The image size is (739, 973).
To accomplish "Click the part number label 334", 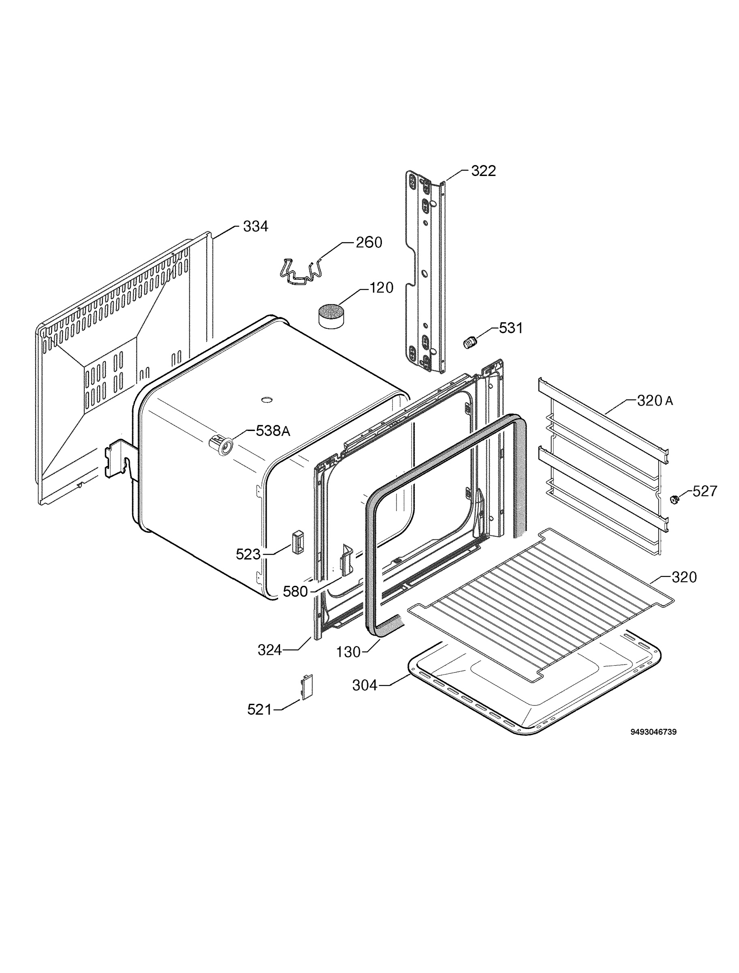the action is click(255, 227).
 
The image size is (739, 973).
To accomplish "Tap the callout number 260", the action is click(368, 242).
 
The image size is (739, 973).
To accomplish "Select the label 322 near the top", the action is click(484, 171).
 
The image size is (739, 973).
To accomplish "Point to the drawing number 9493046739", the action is click(653, 732).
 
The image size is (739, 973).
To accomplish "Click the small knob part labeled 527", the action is click(673, 500).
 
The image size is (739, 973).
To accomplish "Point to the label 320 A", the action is click(655, 401).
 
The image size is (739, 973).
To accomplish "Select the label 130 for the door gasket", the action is click(348, 652).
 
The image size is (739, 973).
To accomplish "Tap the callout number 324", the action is click(270, 650).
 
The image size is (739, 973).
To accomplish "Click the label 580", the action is click(295, 592).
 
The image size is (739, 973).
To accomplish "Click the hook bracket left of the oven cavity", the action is click(119, 462).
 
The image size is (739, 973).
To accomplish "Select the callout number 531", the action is click(511, 328).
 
